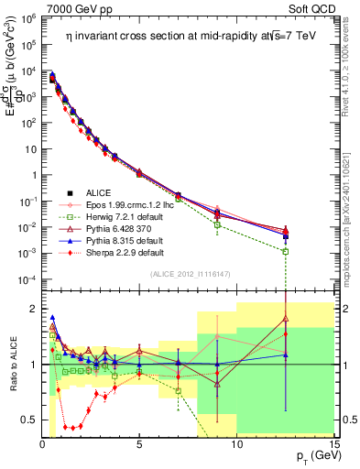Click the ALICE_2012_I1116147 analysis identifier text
tap(191, 275)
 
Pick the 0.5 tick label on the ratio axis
tap(27, 420)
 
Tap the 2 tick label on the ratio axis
tap(31, 308)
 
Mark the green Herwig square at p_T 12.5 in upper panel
tap(286, 251)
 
